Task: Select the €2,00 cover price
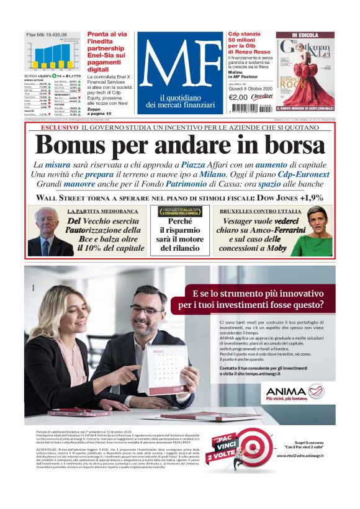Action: [x=238, y=97]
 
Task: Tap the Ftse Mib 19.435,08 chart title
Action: [x=46, y=35]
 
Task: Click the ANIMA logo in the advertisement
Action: [x=287, y=392]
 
